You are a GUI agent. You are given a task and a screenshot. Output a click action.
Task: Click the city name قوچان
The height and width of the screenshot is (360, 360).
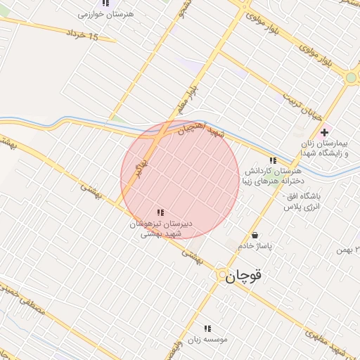click(244, 276)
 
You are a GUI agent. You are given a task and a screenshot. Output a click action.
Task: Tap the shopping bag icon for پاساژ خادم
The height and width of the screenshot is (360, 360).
click(255, 235)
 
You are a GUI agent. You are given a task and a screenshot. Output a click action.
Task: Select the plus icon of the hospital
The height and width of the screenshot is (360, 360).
click(324, 132)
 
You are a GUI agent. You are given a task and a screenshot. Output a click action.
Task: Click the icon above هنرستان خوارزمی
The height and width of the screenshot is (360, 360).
click(105, 3)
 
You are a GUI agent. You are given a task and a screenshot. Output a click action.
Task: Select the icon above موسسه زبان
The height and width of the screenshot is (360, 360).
click(207, 328)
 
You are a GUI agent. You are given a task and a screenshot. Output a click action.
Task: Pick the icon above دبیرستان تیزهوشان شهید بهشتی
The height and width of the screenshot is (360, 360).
click(160, 212)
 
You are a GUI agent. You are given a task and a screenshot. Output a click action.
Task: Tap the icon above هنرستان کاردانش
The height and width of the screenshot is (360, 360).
click(273, 160)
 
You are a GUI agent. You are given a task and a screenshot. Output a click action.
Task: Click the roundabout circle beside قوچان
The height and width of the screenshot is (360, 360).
click(221, 274)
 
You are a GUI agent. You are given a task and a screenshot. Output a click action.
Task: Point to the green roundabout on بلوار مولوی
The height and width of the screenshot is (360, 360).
click(351, 78)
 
